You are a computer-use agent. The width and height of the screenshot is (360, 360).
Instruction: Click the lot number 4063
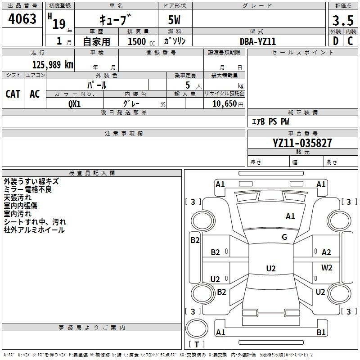(x=22, y=19)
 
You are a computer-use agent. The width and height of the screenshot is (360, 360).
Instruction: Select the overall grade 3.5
(x=342, y=21)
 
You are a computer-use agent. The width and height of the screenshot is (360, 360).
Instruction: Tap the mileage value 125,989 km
(x=53, y=65)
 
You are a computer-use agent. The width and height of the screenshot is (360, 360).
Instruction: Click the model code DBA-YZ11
(x=258, y=41)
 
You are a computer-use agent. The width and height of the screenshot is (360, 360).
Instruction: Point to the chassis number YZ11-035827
(x=302, y=143)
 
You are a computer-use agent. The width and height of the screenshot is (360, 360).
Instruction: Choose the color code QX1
(x=75, y=103)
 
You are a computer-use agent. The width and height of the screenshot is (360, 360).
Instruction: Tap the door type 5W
(x=175, y=21)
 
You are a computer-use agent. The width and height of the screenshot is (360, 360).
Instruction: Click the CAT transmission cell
(x=13, y=94)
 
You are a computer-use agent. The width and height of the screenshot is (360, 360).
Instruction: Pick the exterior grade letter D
(x=336, y=41)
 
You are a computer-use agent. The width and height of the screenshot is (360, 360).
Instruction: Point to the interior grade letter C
(x=351, y=41)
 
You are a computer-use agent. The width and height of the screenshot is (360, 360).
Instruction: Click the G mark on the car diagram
(x=284, y=237)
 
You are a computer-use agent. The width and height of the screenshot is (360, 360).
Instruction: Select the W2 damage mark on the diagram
(x=327, y=268)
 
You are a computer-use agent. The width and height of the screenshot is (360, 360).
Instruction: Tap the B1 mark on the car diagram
(x=321, y=333)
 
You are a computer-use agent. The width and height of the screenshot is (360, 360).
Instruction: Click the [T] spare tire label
(x=197, y=344)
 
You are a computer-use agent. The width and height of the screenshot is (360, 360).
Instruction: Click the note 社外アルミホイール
(x=34, y=230)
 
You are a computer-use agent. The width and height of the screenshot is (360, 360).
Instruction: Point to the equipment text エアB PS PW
(x=270, y=121)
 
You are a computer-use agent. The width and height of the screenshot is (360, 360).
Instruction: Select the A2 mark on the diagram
(x=326, y=252)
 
